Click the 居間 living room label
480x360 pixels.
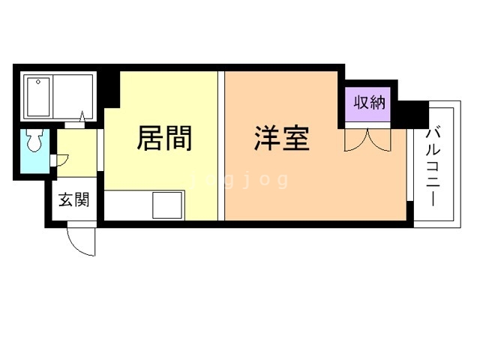pyautogui.click(x=164, y=139)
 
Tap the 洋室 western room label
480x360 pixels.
pyautogui.click(x=282, y=139)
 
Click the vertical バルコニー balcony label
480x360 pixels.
pyautogui.click(x=433, y=167)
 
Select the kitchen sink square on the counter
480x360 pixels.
pyautogui.click(x=168, y=203)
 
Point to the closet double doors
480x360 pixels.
pyautogui.click(x=367, y=139)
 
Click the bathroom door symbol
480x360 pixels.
pyautogui.click(x=81, y=118)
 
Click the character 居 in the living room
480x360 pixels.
pyautogui.click(x=148, y=139)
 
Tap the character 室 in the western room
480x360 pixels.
pyautogui.click(x=296, y=139)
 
